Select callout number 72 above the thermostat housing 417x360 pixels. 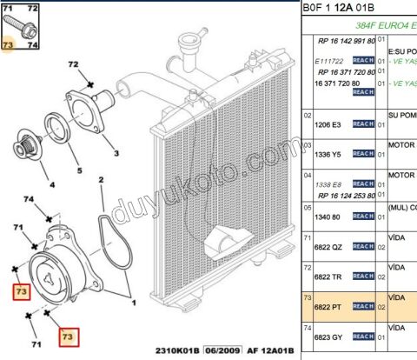point(73,65)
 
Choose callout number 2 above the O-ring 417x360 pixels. point(102,181)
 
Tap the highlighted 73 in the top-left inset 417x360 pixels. point(8,43)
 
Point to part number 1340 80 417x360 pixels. point(326,216)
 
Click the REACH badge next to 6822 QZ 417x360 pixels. point(363,247)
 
